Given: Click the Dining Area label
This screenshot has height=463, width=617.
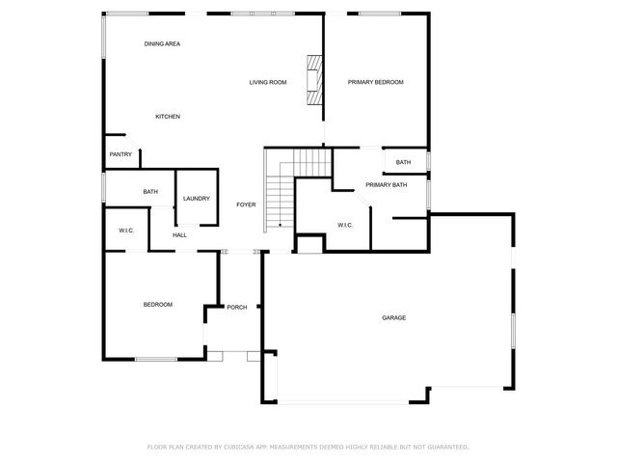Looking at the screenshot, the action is click(162, 43).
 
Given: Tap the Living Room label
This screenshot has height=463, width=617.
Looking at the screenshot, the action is click(268, 82).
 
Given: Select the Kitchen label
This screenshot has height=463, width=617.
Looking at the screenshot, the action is click(168, 117).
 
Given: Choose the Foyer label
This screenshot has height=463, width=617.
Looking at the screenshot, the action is click(246, 204).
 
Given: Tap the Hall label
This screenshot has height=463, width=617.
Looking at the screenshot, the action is click(180, 235).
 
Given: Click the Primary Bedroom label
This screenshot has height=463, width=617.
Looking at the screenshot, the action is click(375, 82).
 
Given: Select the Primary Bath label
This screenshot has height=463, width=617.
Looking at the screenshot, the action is click(387, 185).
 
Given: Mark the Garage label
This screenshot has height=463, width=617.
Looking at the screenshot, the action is click(394, 317).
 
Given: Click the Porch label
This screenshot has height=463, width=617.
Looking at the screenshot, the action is click(237, 307).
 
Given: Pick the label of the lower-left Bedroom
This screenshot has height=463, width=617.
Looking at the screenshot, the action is click(158, 305).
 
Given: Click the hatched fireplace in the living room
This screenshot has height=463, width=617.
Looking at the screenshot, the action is click(314, 80).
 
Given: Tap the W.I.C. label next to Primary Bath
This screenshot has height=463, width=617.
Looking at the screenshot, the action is click(345, 225).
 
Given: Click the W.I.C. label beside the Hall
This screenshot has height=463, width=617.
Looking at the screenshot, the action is click(126, 231).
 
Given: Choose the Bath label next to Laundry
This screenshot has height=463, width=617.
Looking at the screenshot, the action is click(150, 192).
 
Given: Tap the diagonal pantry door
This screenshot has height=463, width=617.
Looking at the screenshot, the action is click(132, 142).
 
